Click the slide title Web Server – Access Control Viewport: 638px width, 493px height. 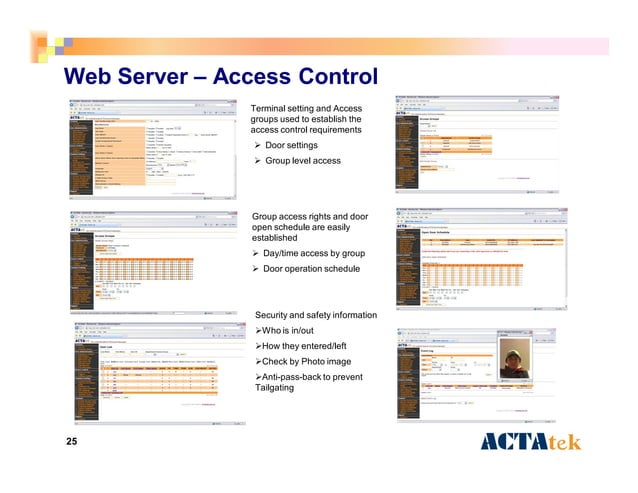coord(220,77)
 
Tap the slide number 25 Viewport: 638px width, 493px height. coord(71,442)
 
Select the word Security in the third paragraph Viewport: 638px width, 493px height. coord(276,316)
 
